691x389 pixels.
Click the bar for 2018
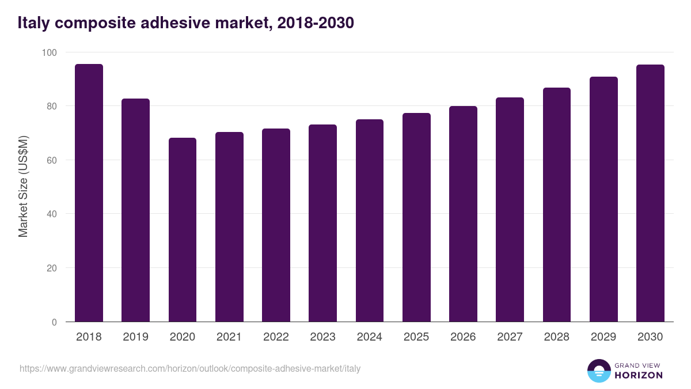point(89,193)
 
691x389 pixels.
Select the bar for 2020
point(183,230)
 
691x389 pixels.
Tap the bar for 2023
point(322,223)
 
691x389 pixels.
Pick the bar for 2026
point(463,214)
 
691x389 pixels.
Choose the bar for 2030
point(650,193)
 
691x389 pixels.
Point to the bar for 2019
point(135,210)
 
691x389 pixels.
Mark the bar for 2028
point(557,205)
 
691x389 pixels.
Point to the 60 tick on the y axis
point(52,160)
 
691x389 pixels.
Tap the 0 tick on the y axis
point(55,322)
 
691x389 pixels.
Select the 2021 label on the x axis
point(229,337)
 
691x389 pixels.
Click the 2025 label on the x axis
point(416,337)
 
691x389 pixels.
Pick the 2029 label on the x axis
point(603,337)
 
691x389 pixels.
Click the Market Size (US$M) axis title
point(23,187)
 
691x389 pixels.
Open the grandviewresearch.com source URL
point(190,368)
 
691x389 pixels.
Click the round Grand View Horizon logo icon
point(599,371)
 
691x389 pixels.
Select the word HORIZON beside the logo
point(639,375)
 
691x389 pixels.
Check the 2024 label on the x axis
point(369,337)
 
